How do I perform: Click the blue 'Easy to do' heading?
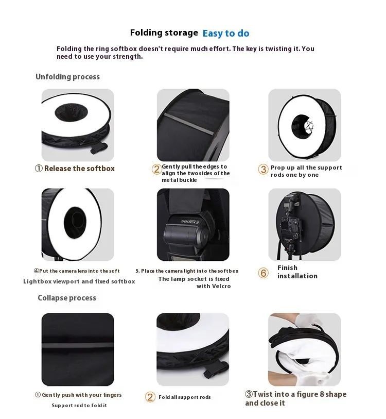point(226,33)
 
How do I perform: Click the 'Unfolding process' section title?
point(67,77)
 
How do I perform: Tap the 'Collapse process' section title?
point(67,298)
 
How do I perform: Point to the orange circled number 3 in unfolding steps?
point(263,169)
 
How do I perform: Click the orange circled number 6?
point(263,273)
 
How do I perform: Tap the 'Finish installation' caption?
point(297,272)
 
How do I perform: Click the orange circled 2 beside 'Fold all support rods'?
point(150,397)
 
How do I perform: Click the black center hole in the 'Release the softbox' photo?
point(71,112)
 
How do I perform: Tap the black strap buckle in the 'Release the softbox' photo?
point(99,148)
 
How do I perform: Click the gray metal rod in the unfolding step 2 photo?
point(189,124)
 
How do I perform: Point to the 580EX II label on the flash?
point(190,222)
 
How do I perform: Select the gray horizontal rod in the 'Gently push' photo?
point(78,345)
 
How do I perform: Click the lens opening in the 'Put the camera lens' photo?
point(75,222)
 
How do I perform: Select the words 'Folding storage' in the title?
point(164,32)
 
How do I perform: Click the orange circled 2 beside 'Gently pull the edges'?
point(157,169)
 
